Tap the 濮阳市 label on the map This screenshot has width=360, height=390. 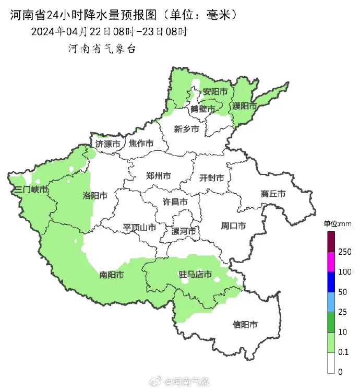coord(245,106)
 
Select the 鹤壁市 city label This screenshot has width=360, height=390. coord(202,109)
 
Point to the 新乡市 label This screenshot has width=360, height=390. coord(186,128)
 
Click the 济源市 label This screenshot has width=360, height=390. coord(108,144)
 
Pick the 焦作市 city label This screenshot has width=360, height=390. coord(141,144)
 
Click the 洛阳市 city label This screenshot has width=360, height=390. coord(95,196)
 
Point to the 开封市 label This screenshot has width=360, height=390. coord(212,178)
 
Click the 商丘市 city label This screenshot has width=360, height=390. coord(273,194)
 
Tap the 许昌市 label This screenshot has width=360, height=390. coord(175,202)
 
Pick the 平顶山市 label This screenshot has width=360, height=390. coord(139,228)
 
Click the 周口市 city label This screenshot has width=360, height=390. coord(233,226)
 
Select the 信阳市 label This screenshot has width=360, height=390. coord(245,325)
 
